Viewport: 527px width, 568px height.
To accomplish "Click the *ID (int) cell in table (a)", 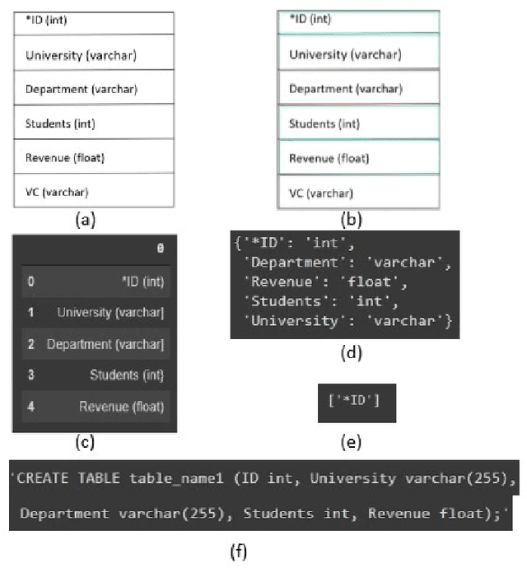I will coord(93,21).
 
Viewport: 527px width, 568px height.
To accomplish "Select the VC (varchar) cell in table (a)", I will coord(93,192).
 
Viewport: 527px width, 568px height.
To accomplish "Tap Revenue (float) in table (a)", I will coord(93,157).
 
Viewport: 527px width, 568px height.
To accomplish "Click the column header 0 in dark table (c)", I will coord(160,248).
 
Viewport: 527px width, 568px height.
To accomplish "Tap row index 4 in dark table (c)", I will coord(30,406).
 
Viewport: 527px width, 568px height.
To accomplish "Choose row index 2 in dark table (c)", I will coord(30,344).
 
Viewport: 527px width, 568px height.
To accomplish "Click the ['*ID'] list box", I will coord(357,403).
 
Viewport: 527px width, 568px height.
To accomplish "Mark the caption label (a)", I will coord(84,220).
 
